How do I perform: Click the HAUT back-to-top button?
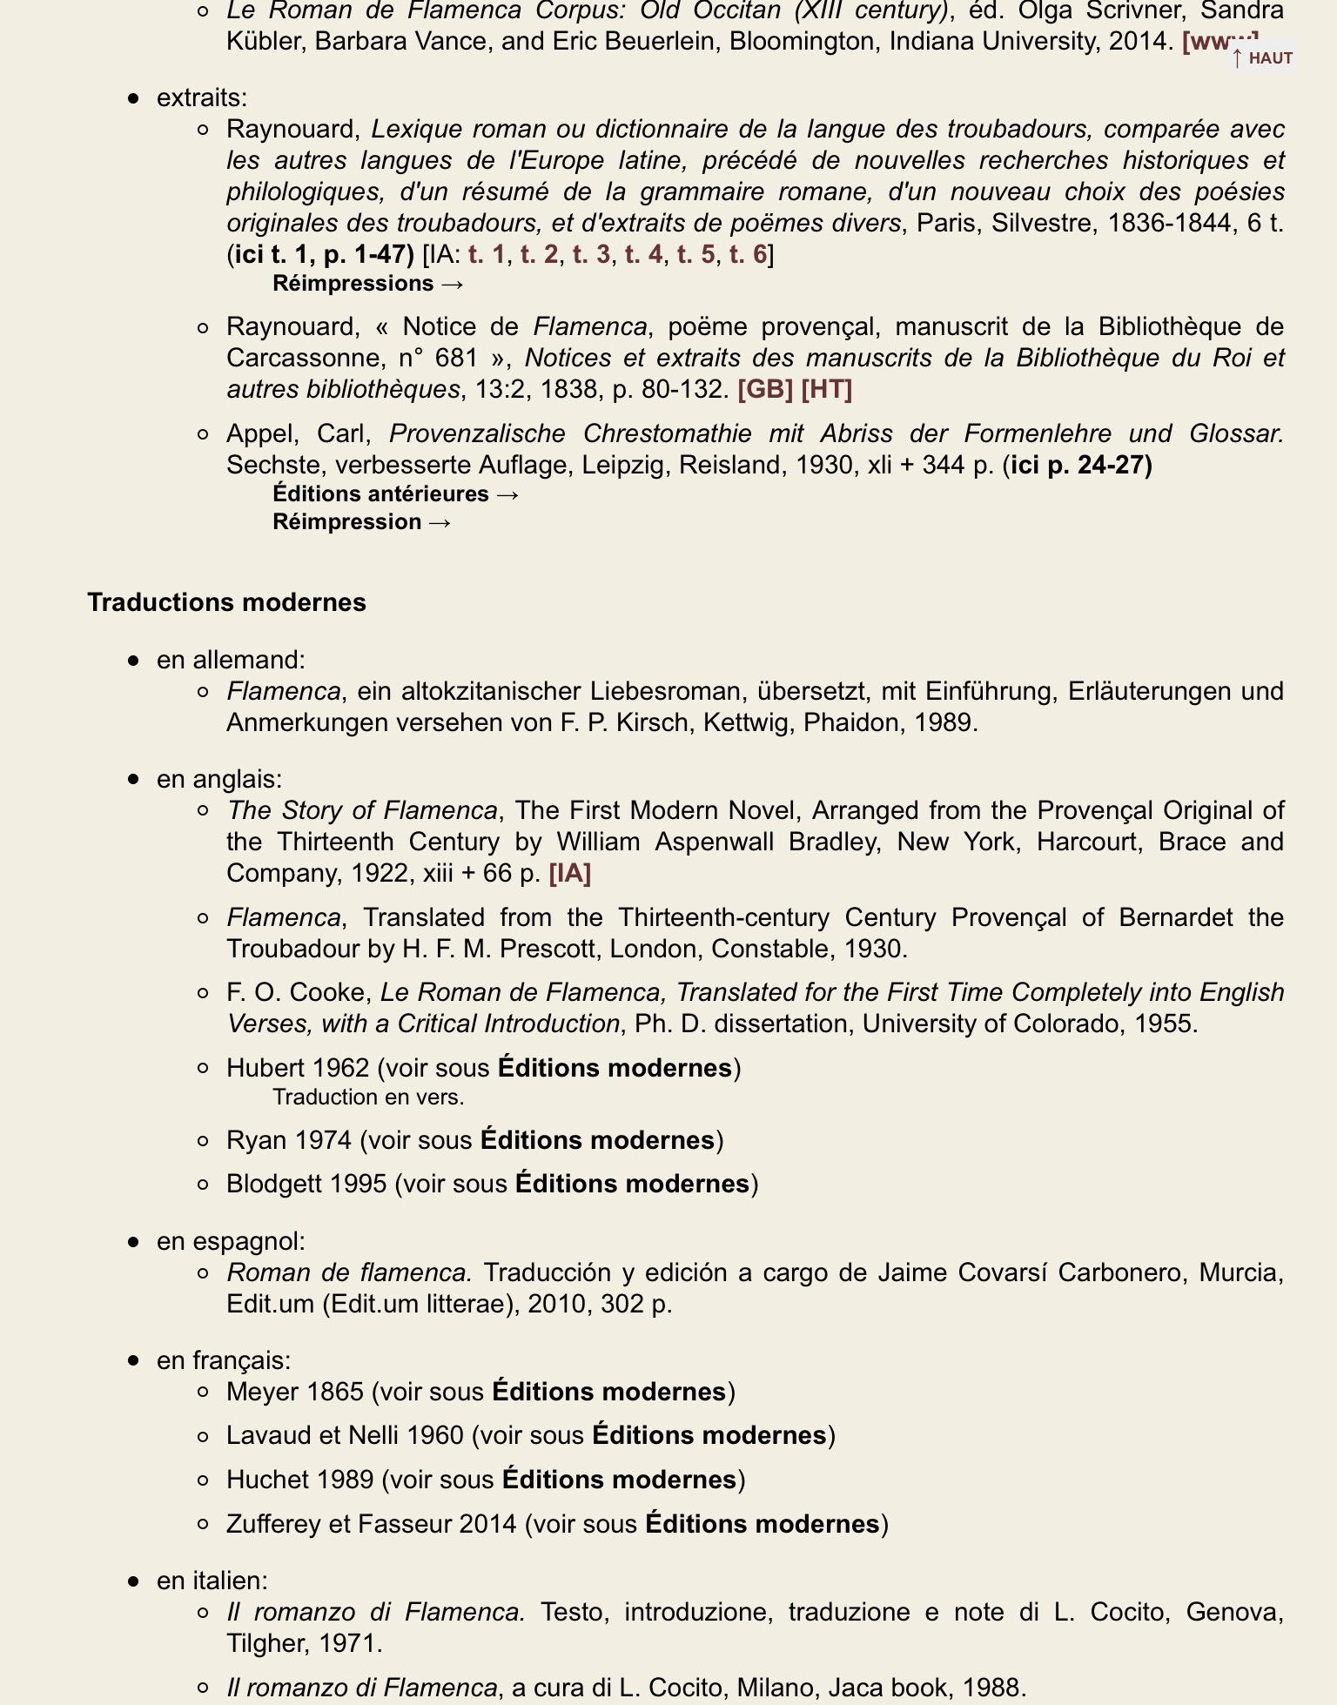pos(1262,58)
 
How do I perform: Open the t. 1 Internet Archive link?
pos(486,254)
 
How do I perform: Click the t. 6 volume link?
pos(748,254)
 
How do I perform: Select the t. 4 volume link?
pos(643,254)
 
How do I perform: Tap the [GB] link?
pos(764,389)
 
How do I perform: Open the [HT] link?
pos(826,389)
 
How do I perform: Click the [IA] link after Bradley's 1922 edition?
pos(569,873)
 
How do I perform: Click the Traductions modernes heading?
pos(226,602)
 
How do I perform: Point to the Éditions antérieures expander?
pos(396,493)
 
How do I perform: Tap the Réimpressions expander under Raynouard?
pos(367,283)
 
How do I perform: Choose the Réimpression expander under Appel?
pos(361,521)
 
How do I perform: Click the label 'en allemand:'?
pos(231,660)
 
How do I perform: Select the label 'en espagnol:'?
pos(231,1241)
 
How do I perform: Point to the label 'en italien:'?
pos(212,1580)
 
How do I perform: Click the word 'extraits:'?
pos(202,97)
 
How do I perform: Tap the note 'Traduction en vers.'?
pos(368,1097)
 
